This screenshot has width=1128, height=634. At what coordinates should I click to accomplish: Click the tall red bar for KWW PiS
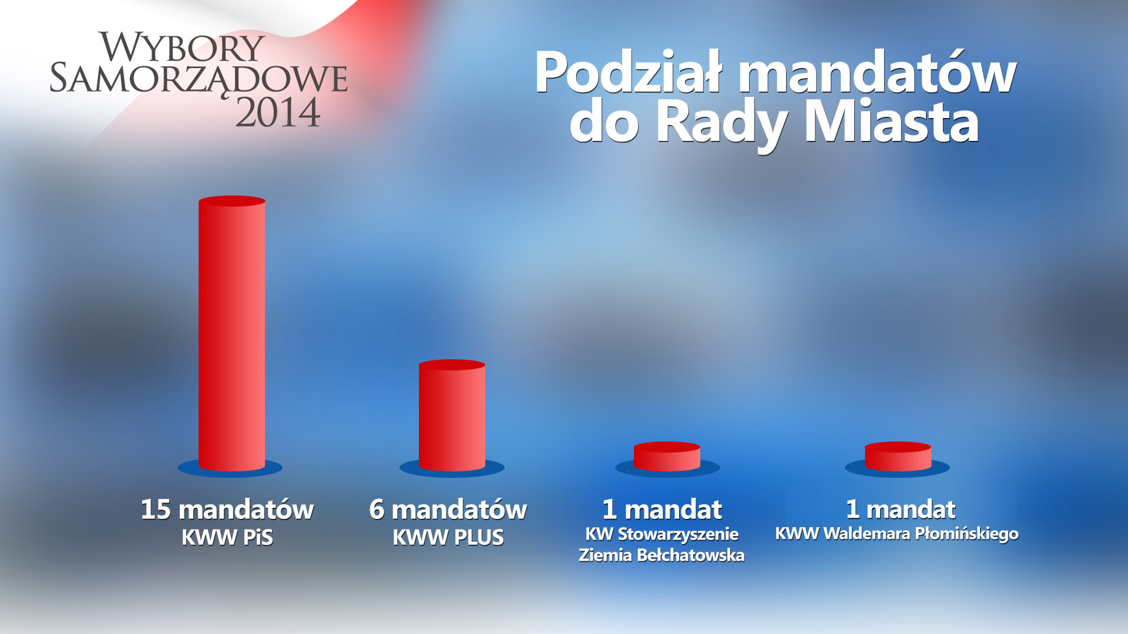[232, 333]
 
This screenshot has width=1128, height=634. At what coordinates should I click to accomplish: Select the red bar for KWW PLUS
[452, 415]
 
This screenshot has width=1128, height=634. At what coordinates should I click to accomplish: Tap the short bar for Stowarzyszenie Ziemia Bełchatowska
[667, 456]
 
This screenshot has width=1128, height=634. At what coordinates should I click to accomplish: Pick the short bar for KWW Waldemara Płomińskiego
[898, 456]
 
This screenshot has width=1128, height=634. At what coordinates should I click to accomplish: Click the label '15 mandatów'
[227, 510]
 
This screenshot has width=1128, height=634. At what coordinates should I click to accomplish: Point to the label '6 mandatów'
[448, 510]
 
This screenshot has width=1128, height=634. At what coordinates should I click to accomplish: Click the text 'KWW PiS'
[227, 538]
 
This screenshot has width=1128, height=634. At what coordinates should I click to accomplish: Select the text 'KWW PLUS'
[448, 538]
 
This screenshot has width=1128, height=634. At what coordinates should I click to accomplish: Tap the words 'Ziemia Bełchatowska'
[662, 555]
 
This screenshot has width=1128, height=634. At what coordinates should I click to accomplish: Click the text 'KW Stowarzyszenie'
[662, 534]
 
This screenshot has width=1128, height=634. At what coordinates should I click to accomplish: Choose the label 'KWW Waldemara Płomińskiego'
[897, 534]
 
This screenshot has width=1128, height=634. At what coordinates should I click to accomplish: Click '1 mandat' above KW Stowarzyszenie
[662, 510]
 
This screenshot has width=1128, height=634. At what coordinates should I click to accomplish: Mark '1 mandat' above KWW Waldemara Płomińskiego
[901, 509]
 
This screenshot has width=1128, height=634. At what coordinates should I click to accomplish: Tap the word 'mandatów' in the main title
[877, 73]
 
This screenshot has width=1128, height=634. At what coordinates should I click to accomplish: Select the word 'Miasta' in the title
[891, 123]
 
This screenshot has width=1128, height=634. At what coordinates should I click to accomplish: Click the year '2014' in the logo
[278, 112]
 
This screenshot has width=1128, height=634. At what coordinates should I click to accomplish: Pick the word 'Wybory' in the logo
[182, 47]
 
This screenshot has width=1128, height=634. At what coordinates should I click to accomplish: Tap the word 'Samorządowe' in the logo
[199, 79]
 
